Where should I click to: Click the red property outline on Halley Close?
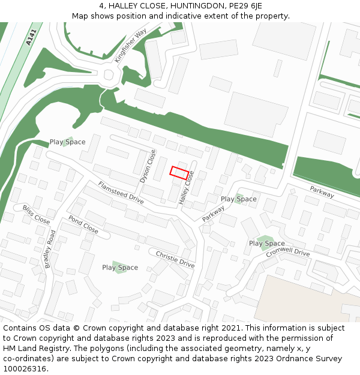coord(179,172)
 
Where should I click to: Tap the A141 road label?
coord(31,38)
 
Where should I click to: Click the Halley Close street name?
coord(187,187)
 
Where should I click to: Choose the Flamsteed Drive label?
coord(121,193)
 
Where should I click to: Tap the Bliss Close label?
coord(36,214)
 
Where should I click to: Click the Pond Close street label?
coord(83,224)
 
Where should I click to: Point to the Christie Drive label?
coord(175,259)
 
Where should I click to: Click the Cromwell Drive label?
coord(289,253)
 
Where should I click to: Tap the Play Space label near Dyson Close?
coord(67,142)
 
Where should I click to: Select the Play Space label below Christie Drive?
coord(120,268)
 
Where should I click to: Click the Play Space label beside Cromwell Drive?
coord(267,244)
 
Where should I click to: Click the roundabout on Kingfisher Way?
coord(109,76)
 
